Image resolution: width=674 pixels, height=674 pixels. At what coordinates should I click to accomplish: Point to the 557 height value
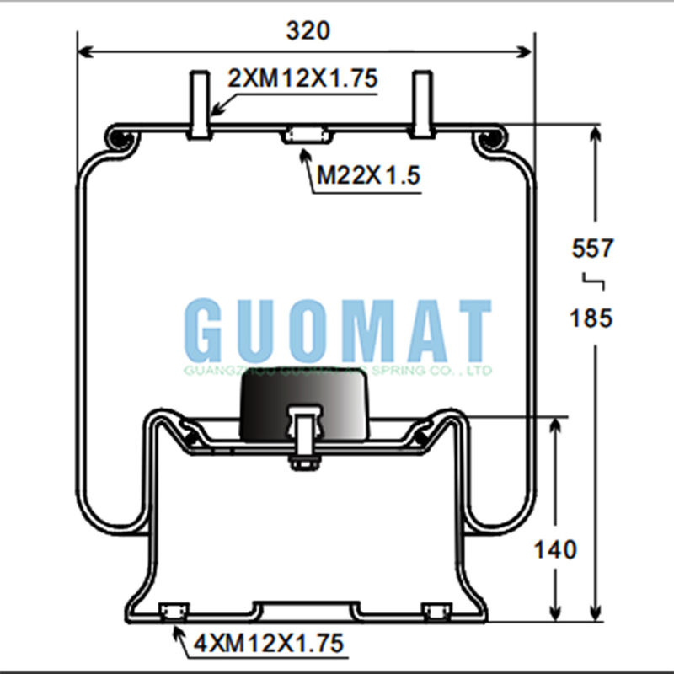(593, 249)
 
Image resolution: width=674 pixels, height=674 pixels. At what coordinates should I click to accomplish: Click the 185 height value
(593, 318)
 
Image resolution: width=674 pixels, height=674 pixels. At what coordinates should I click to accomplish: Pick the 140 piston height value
(555, 550)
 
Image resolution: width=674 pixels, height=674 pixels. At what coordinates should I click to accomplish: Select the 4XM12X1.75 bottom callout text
(269, 645)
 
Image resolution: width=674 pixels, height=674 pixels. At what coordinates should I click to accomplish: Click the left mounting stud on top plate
(199, 105)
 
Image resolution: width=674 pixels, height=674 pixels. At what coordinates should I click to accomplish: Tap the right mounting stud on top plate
(422, 105)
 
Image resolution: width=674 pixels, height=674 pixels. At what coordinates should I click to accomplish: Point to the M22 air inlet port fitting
(305, 135)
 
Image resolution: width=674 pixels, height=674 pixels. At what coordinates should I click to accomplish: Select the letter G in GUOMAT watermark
(206, 331)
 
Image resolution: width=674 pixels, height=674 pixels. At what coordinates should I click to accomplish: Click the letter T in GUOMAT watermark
(471, 331)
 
